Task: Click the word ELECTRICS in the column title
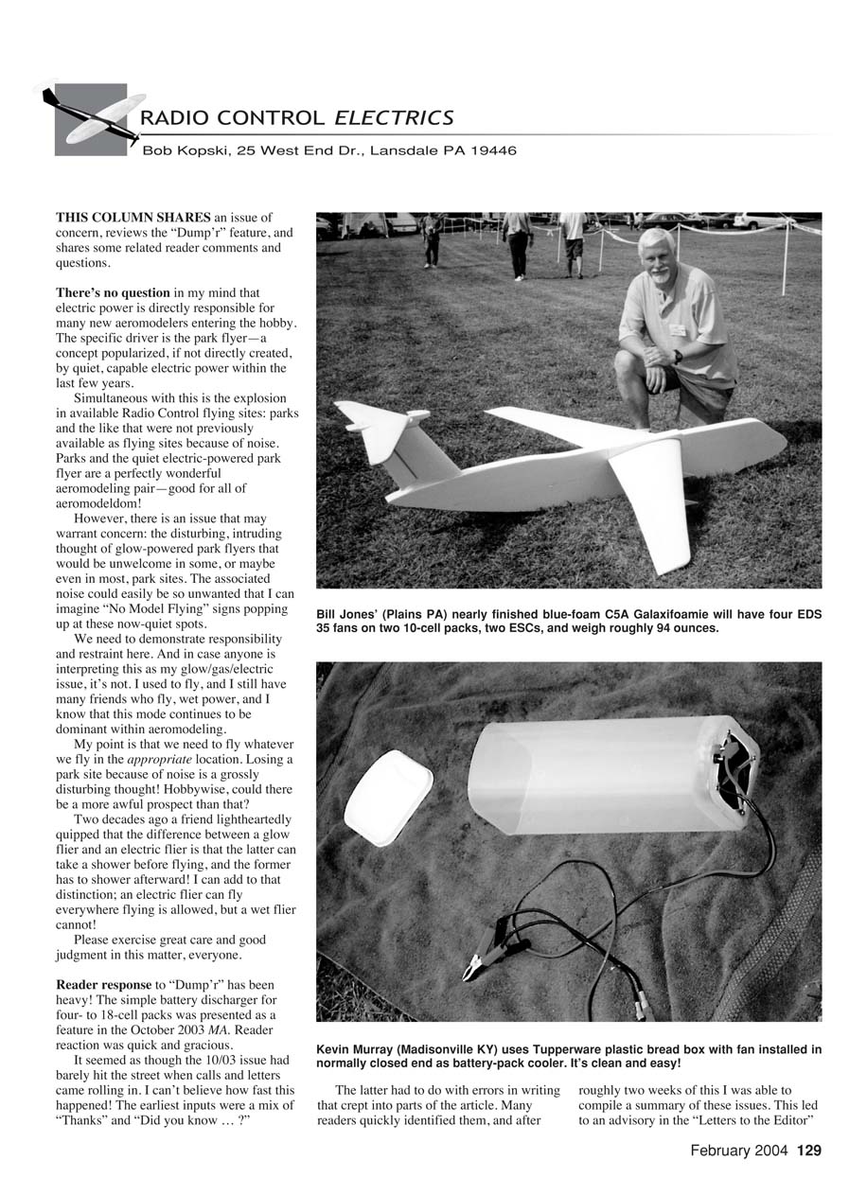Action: [x=394, y=117]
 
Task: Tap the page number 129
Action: [x=809, y=1151]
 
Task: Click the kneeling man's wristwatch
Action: [x=678, y=357]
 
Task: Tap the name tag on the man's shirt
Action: [x=678, y=330]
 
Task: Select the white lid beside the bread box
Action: [x=388, y=798]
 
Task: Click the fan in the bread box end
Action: [x=736, y=768]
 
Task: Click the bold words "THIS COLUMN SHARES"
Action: [x=133, y=218]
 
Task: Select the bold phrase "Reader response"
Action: [x=103, y=984]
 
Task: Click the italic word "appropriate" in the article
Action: [x=159, y=760]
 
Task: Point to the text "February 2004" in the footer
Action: [x=738, y=1151]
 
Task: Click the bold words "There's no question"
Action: [x=114, y=292]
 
